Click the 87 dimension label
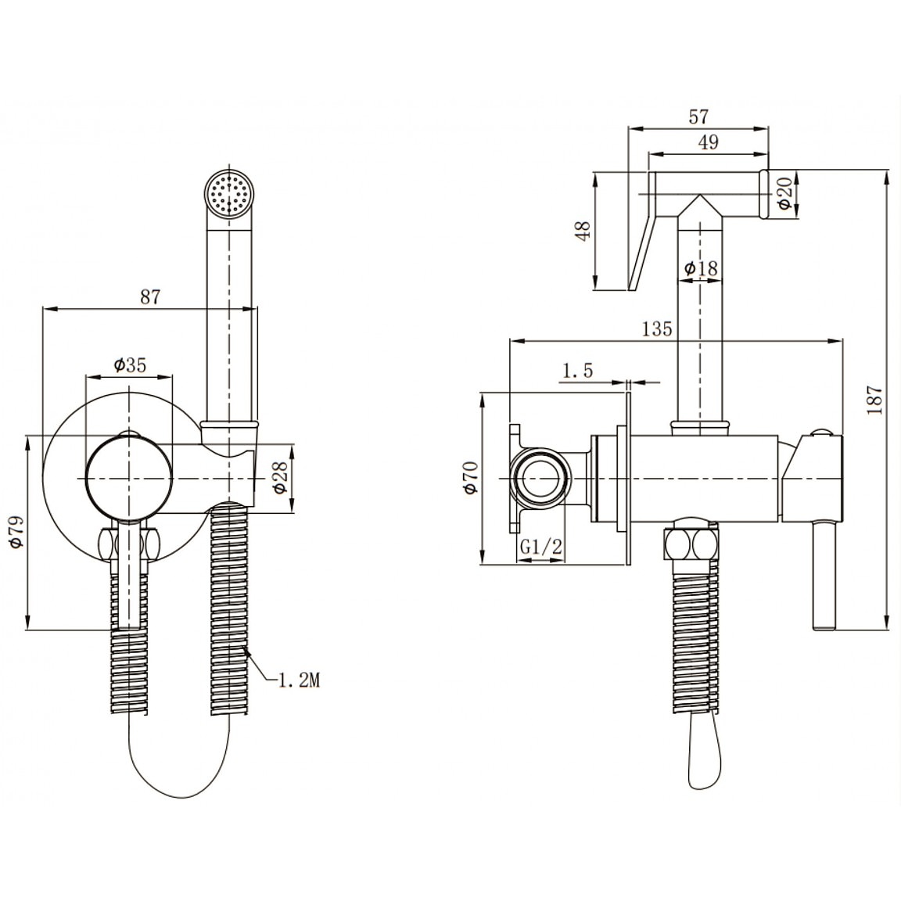(x=149, y=297)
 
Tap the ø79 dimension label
(x=15, y=534)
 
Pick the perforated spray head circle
(x=229, y=192)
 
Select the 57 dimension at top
(x=698, y=117)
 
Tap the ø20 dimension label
(x=785, y=192)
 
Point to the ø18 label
(x=701, y=268)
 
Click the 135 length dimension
(x=657, y=328)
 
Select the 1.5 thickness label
(x=577, y=370)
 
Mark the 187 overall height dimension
(x=875, y=399)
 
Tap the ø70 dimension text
(x=468, y=477)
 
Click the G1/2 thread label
(x=541, y=548)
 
